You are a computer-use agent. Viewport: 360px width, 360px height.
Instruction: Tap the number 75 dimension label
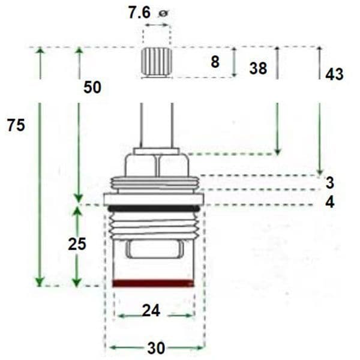16,125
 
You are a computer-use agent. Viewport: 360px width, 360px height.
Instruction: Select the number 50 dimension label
92,87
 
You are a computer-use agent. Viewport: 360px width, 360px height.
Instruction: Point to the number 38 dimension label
258,68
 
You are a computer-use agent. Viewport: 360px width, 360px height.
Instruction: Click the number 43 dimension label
334,74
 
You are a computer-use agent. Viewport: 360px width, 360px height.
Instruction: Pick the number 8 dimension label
214,61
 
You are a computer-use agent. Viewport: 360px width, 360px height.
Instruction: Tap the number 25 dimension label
77,244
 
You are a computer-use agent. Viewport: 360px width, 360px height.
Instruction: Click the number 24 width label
151,310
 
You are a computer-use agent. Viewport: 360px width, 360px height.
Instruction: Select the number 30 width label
155,348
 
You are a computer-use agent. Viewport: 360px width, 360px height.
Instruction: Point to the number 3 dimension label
330,182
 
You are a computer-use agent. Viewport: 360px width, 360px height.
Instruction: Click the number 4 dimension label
330,202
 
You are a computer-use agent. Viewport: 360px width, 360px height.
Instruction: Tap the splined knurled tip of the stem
156,62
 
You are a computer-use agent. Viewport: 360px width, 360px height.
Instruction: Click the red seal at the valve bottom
154,283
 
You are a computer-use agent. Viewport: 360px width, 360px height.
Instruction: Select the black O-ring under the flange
154,208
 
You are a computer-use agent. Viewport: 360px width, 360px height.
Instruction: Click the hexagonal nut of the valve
157,163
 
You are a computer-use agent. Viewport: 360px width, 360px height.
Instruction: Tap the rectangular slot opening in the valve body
154,248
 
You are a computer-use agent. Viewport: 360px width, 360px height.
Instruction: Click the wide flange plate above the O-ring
154,199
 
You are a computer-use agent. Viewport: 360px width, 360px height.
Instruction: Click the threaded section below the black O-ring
154,224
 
